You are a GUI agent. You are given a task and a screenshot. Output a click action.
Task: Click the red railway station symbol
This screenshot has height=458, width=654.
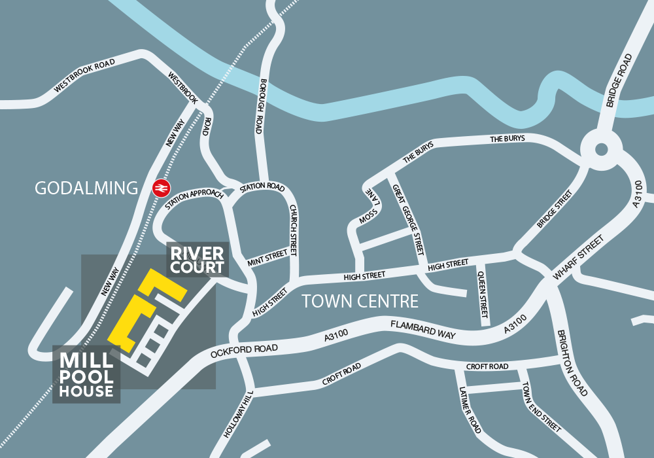[158, 188]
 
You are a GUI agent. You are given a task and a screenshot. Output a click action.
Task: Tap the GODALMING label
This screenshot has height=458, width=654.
[86, 189]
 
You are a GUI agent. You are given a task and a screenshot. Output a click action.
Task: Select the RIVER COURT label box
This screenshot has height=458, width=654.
[198, 260]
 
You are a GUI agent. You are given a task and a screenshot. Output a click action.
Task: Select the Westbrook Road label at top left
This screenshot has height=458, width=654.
[85, 76]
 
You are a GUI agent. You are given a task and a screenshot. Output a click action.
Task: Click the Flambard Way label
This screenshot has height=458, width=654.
[422, 329]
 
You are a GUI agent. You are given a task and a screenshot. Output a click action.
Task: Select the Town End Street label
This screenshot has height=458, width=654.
[541, 406]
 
